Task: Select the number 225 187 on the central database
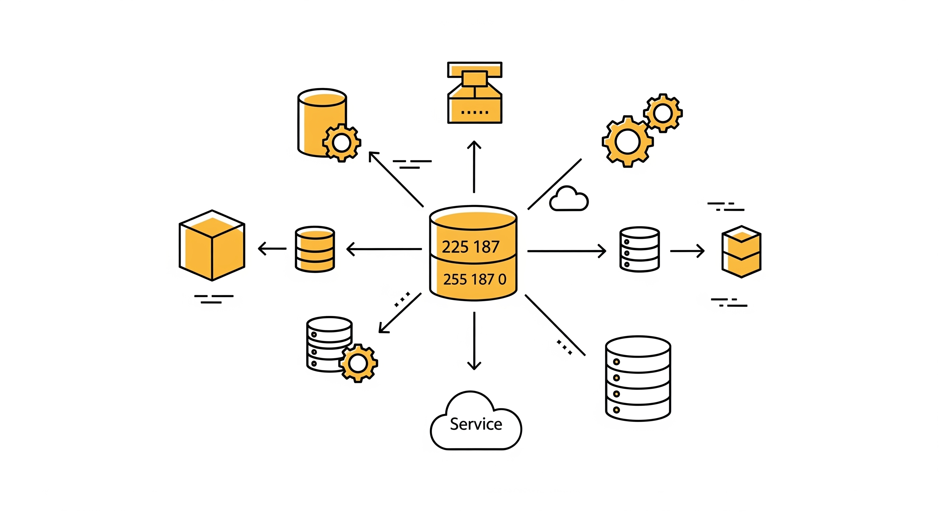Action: click(x=470, y=247)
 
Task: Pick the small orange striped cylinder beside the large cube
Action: click(x=314, y=249)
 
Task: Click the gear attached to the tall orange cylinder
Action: click(x=341, y=143)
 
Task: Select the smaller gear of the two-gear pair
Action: click(x=663, y=113)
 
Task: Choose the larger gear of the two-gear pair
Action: click(x=627, y=141)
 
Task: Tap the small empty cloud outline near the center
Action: click(x=569, y=199)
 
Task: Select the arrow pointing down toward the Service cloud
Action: click(x=474, y=341)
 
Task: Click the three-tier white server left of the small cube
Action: click(x=639, y=249)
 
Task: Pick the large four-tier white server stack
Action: click(x=638, y=379)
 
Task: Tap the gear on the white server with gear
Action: click(x=358, y=363)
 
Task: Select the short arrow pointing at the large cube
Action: click(x=272, y=249)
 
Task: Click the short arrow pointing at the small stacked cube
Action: click(x=687, y=251)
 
